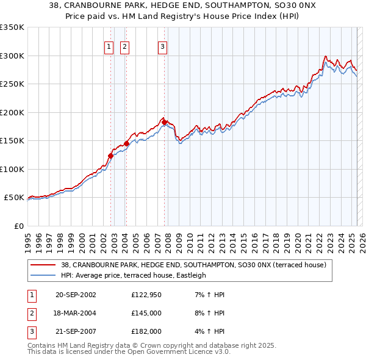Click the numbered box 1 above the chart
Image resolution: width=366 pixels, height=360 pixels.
pos(109,47)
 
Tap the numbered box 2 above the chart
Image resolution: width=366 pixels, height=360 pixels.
pos(124,47)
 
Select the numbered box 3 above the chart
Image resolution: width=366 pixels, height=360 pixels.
pos(163,47)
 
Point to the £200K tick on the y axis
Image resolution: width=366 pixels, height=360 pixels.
pos(12,112)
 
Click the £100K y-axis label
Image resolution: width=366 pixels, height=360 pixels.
pos(12,169)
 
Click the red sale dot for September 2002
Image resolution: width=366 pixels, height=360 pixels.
pos(110,156)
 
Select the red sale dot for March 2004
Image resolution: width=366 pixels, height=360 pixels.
pos(126,143)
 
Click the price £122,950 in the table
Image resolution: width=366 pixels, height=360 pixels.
pos(145,295)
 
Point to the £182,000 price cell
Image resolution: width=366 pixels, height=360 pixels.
pos(146,331)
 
